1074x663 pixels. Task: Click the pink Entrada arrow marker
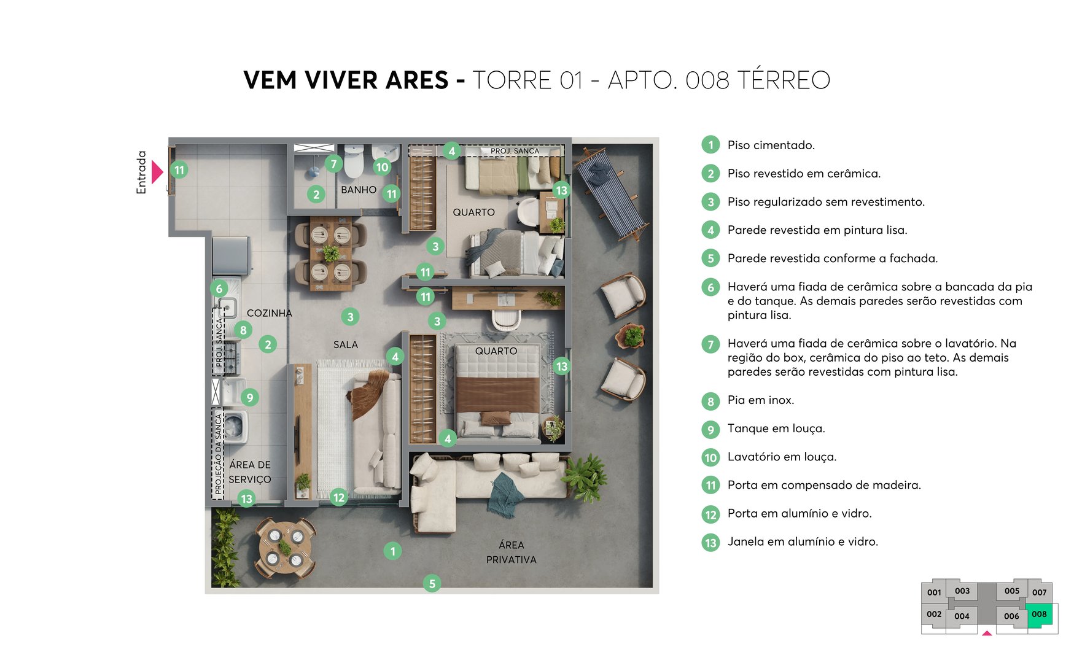[157, 172]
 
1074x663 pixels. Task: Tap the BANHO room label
[359, 190]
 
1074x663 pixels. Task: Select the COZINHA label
[269, 313]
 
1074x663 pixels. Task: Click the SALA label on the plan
[345, 345]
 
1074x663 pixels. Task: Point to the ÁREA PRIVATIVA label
[511, 552]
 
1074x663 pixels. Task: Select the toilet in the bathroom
[354, 161]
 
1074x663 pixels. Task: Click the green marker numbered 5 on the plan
[432, 583]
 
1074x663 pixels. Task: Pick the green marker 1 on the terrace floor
[392, 551]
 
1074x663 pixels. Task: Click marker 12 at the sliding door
[338, 497]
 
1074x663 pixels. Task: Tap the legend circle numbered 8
[710, 401]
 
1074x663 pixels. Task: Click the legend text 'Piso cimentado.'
[771, 145]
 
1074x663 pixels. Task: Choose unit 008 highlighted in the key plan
[1039, 615]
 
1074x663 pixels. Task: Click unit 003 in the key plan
[962, 591]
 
